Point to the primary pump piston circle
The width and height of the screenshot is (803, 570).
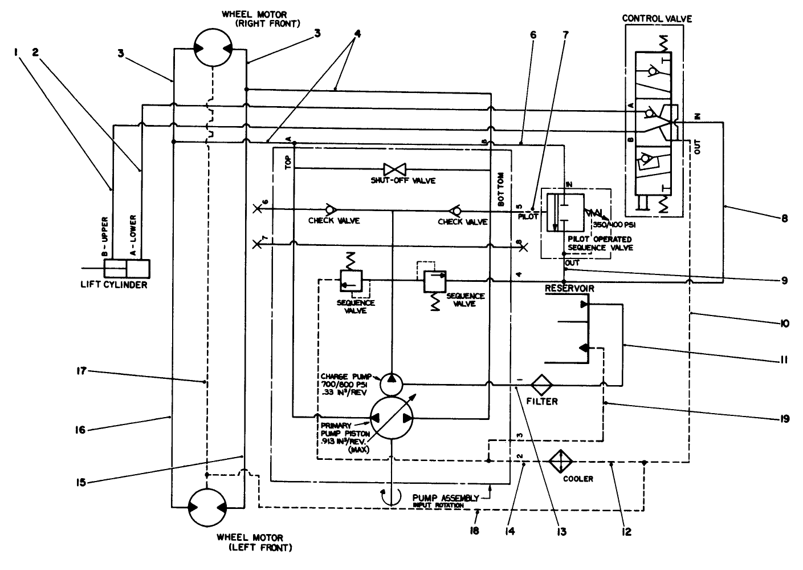click(393, 418)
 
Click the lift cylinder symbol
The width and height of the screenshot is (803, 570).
click(127, 268)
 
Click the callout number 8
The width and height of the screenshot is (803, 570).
click(784, 217)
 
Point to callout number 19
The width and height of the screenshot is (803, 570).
click(784, 419)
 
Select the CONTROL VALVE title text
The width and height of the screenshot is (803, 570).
click(657, 18)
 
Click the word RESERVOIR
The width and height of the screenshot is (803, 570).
click(569, 289)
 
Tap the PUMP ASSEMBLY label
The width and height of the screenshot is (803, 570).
click(445, 498)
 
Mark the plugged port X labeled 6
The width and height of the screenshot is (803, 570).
click(258, 209)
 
